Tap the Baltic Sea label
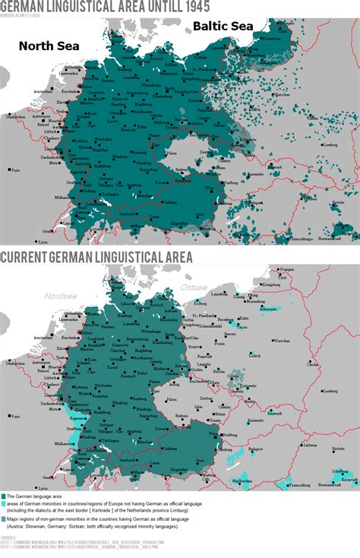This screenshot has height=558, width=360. pyautogui.click(x=223, y=26)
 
